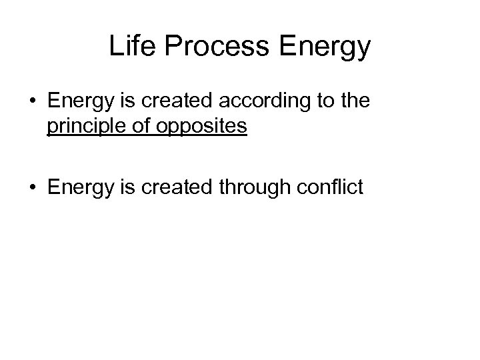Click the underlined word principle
85,127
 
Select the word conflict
326,187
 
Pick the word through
250,187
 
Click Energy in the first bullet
75,102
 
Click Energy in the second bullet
75,187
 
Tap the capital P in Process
171,46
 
